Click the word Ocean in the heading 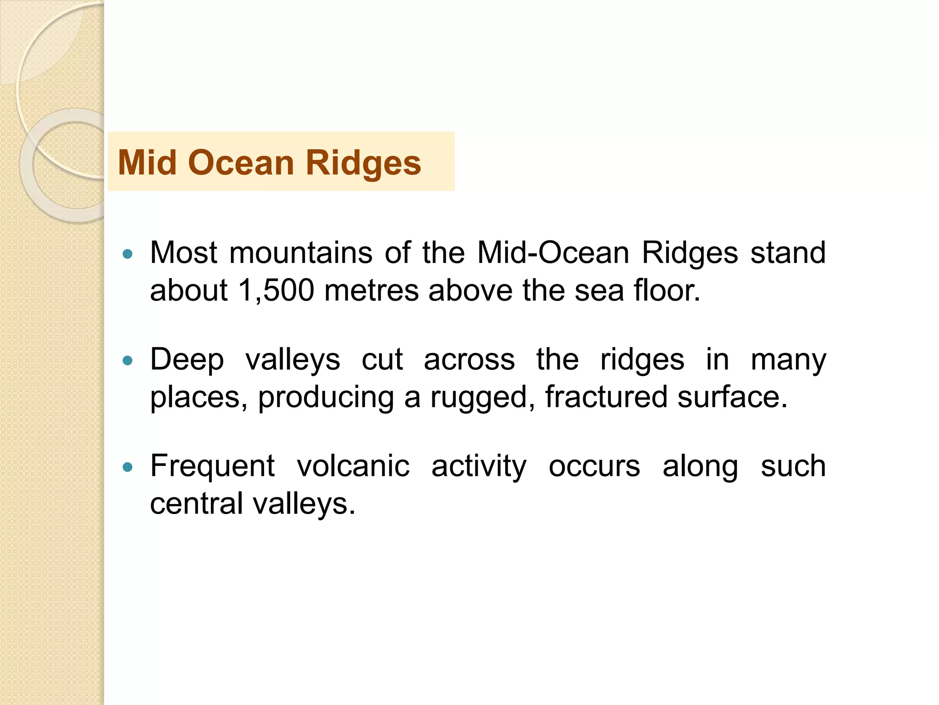(x=241, y=162)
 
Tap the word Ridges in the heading (x=363, y=163)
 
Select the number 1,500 (x=276, y=291)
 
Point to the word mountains (x=301, y=253)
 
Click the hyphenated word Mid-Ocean (x=553, y=253)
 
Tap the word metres (x=371, y=291)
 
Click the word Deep (x=187, y=360)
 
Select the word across (x=469, y=360)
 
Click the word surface (x=732, y=397)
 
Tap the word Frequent (x=213, y=467)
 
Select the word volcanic (x=353, y=467)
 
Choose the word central (x=197, y=504)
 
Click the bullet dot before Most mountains (x=128, y=254)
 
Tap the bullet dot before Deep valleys (x=128, y=361)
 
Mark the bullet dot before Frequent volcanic (x=128, y=468)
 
